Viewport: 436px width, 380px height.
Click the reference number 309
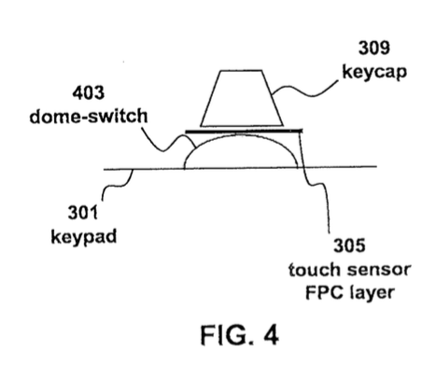coord(374,48)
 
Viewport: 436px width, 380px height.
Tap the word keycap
coord(374,72)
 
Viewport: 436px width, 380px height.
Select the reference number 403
coord(89,92)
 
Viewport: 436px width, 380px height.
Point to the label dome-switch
coord(89,116)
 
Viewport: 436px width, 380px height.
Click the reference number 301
coord(83,213)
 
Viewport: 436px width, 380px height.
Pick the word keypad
coord(83,237)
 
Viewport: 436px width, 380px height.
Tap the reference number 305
coord(349,246)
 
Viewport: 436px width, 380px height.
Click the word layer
coord(373,293)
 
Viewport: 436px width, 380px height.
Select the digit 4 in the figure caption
coord(272,335)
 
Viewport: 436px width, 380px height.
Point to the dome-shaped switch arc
coord(241,134)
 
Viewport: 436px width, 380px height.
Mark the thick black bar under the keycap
coord(244,131)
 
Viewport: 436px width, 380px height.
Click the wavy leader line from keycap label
coord(305,93)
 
